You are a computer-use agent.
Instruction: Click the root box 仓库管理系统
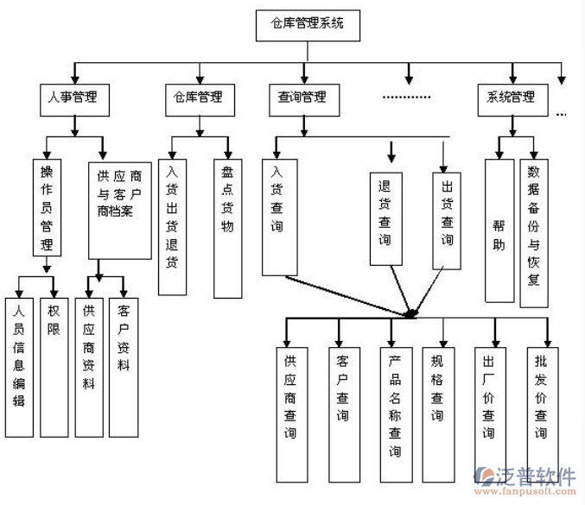(308, 25)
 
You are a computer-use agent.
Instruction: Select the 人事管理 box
(74, 98)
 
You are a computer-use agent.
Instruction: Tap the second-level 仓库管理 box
(200, 98)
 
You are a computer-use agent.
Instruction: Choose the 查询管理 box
(302, 98)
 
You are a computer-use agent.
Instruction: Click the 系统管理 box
(512, 98)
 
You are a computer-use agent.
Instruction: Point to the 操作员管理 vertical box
(47, 207)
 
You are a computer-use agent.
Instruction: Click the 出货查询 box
(447, 219)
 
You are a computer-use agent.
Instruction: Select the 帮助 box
(499, 230)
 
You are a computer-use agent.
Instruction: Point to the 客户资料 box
(123, 367)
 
